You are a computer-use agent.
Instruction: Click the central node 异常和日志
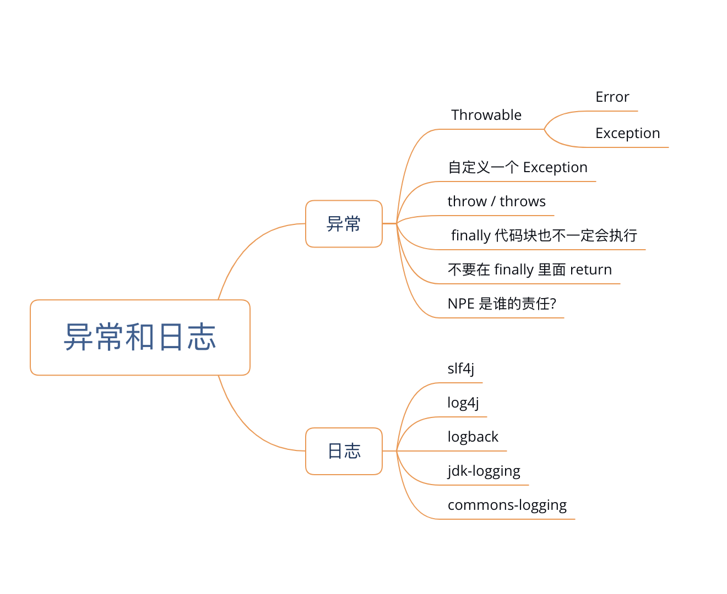click(x=140, y=337)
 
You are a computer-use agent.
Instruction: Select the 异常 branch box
click(x=344, y=224)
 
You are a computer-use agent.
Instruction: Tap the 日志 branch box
click(x=344, y=451)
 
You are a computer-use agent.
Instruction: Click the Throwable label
click(x=486, y=115)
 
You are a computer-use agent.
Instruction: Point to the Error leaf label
click(x=612, y=97)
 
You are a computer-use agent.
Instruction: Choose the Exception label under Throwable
click(x=627, y=134)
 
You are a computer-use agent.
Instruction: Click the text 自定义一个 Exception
click(x=517, y=167)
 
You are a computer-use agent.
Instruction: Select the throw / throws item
click(x=496, y=201)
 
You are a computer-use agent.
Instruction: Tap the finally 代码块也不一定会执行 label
click(x=544, y=235)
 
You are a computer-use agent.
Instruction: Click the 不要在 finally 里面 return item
click(x=529, y=269)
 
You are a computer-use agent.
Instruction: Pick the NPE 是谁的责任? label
click(x=502, y=304)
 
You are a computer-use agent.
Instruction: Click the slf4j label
click(x=460, y=369)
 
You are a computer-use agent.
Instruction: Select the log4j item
click(x=463, y=403)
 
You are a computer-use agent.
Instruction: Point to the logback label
click(x=473, y=437)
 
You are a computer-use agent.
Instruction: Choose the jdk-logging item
click(x=484, y=471)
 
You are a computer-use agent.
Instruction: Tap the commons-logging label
click(x=507, y=505)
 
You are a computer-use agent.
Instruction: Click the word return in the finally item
click(x=590, y=269)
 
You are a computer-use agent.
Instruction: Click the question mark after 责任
click(x=553, y=304)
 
